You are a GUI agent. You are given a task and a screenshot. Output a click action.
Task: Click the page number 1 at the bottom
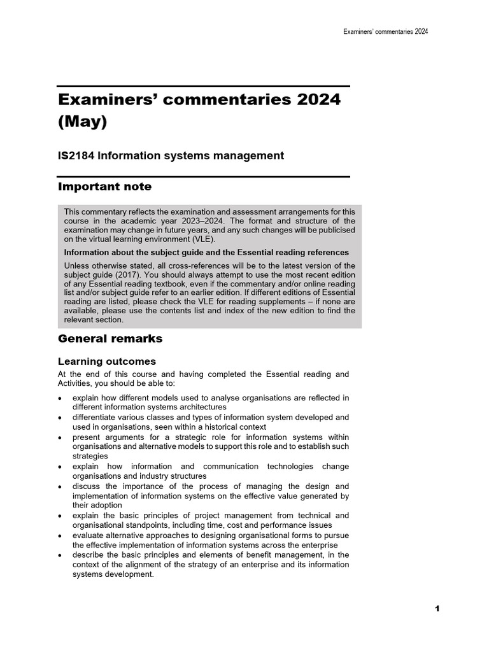tap(437, 609)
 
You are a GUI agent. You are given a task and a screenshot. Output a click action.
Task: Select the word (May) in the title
tap(82, 122)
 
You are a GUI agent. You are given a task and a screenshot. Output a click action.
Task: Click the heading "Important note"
tap(105, 187)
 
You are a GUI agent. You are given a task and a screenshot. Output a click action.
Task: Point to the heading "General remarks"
tap(110, 339)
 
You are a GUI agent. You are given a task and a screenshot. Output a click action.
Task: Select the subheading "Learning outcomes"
tap(107, 362)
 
